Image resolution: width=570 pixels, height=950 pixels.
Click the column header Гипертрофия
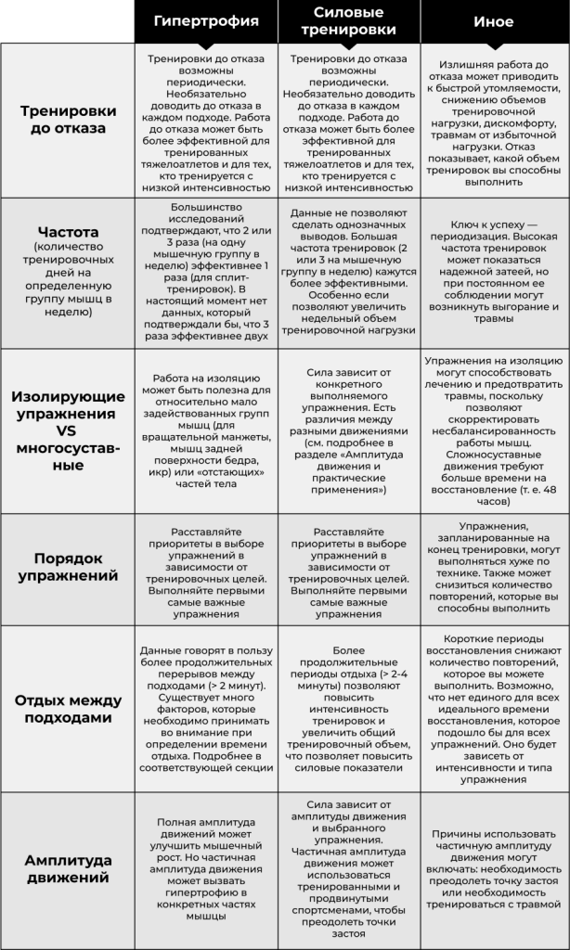[206, 21]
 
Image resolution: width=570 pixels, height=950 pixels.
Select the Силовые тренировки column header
[349, 21]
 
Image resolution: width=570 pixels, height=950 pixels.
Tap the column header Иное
[493, 21]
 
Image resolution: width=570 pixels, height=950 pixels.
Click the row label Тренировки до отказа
[63, 120]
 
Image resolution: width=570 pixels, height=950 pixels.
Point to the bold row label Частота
[63, 231]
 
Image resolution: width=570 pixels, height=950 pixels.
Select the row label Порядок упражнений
[63, 568]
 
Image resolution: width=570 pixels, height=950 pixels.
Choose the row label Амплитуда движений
[63, 867]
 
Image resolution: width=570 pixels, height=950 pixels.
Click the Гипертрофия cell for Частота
[206, 273]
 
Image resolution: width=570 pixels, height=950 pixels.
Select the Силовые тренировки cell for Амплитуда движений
[349, 867]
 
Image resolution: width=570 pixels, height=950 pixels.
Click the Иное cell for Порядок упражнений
[493, 569]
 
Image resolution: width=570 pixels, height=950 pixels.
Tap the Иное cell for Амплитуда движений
[493, 868]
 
